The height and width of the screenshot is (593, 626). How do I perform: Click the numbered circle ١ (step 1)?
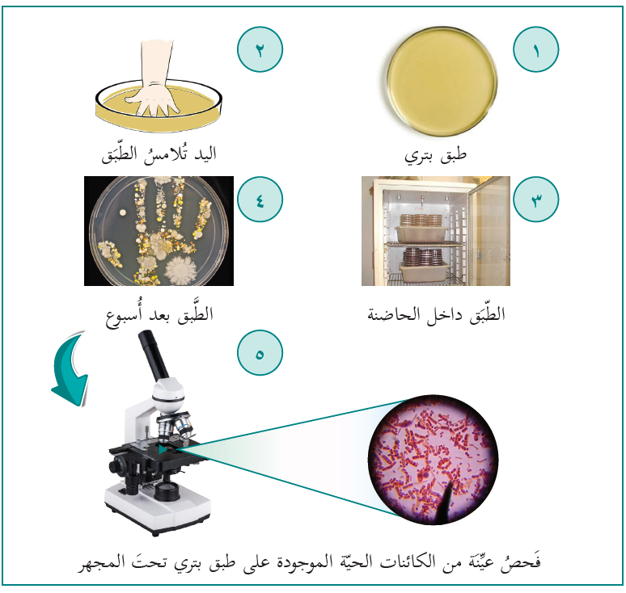point(535,49)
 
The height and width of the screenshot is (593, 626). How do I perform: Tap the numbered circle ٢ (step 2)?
point(260,49)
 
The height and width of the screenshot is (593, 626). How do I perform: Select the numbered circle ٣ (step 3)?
point(535,200)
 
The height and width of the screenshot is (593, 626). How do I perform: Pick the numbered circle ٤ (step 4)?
point(260,200)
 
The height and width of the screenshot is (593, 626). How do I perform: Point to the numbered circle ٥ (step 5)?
point(260,352)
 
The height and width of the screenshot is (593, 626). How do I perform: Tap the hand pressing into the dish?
point(153,80)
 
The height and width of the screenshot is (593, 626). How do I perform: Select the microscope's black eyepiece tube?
point(154,355)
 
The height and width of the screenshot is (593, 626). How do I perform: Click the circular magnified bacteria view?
point(433,460)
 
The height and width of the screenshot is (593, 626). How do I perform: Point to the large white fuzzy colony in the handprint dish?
point(181,270)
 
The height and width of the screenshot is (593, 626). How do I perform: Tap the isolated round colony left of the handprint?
point(123,213)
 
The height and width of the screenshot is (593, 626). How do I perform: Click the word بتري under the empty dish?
point(418,156)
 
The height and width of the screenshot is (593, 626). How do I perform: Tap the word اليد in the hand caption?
point(205,154)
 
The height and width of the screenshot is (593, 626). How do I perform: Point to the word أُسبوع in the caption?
point(124,315)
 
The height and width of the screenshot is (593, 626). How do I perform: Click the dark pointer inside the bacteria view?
point(446,500)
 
